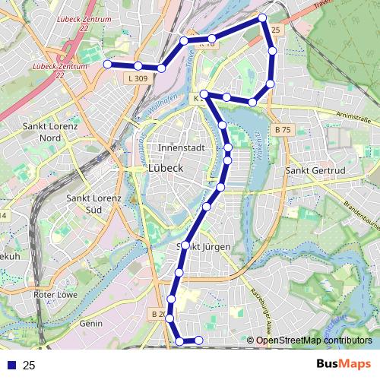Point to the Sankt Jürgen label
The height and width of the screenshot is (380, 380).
tap(198, 246)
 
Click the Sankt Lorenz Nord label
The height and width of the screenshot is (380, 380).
tap(51, 132)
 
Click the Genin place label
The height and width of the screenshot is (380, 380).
tap(90, 323)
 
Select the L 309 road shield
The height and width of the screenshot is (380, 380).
tap(138, 78)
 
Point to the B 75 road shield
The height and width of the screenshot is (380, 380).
tap(283, 130)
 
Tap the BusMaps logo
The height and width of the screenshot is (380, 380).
tap(344, 364)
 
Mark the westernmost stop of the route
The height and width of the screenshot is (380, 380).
tap(107, 65)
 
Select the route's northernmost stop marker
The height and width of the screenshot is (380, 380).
tap(262, 17)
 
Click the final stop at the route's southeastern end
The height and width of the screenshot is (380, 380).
tap(199, 340)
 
